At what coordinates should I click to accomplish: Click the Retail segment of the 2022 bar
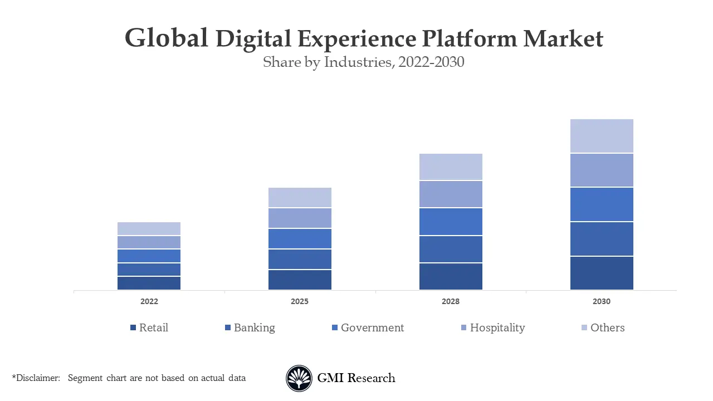(149, 283)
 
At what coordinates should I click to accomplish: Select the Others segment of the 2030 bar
(602, 136)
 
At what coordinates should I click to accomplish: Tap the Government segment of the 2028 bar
(451, 222)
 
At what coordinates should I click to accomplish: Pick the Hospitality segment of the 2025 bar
(300, 218)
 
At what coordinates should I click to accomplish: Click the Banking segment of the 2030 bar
(602, 239)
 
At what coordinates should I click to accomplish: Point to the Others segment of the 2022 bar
(149, 228)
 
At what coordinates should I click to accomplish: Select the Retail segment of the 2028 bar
(451, 276)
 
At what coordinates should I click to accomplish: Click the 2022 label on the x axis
(149, 301)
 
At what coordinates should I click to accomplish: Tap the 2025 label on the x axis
(300, 301)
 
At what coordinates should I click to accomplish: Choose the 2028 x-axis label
(451, 301)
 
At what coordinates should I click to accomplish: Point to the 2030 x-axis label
(602, 301)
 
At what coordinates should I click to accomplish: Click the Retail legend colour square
(133, 328)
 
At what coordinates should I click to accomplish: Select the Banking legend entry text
(254, 327)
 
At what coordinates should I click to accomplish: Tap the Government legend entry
(372, 327)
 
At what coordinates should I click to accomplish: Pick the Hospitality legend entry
(497, 327)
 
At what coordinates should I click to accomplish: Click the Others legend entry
(607, 327)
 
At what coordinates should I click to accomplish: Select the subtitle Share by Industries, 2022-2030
(363, 62)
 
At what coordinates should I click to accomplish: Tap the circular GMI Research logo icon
(299, 378)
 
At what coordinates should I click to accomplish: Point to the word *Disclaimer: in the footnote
(36, 378)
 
